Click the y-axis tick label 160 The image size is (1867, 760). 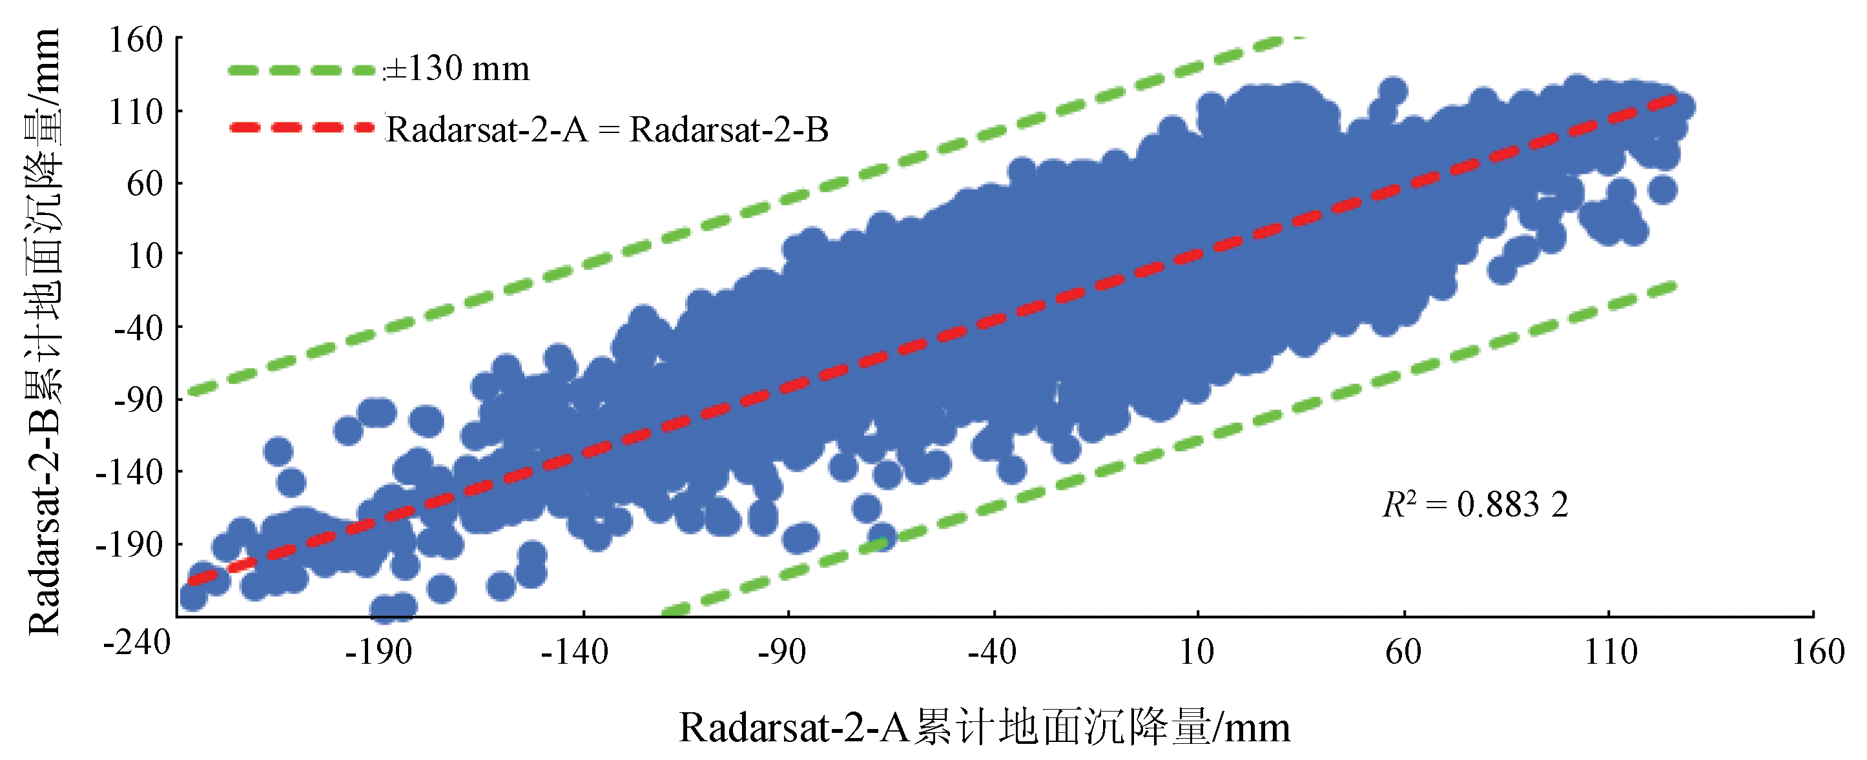[x=136, y=40]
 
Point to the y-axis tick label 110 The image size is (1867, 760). [x=136, y=112]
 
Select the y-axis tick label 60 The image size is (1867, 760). [x=144, y=184]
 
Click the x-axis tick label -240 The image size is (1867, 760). [x=136, y=642]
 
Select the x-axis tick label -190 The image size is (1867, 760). [x=378, y=653]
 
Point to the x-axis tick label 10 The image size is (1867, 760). [x=1197, y=653]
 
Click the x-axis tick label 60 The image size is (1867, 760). [x=1403, y=653]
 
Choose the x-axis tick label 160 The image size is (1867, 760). [x=1818, y=653]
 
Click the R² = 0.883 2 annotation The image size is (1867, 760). [x=1476, y=505]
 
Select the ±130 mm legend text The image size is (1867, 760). [x=457, y=70]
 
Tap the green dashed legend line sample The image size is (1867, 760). [x=302, y=70]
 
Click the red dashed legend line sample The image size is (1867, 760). [x=302, y=127]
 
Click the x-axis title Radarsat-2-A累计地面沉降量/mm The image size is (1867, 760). [x=984, y=728]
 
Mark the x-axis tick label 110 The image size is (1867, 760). [x=1611, y=653]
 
